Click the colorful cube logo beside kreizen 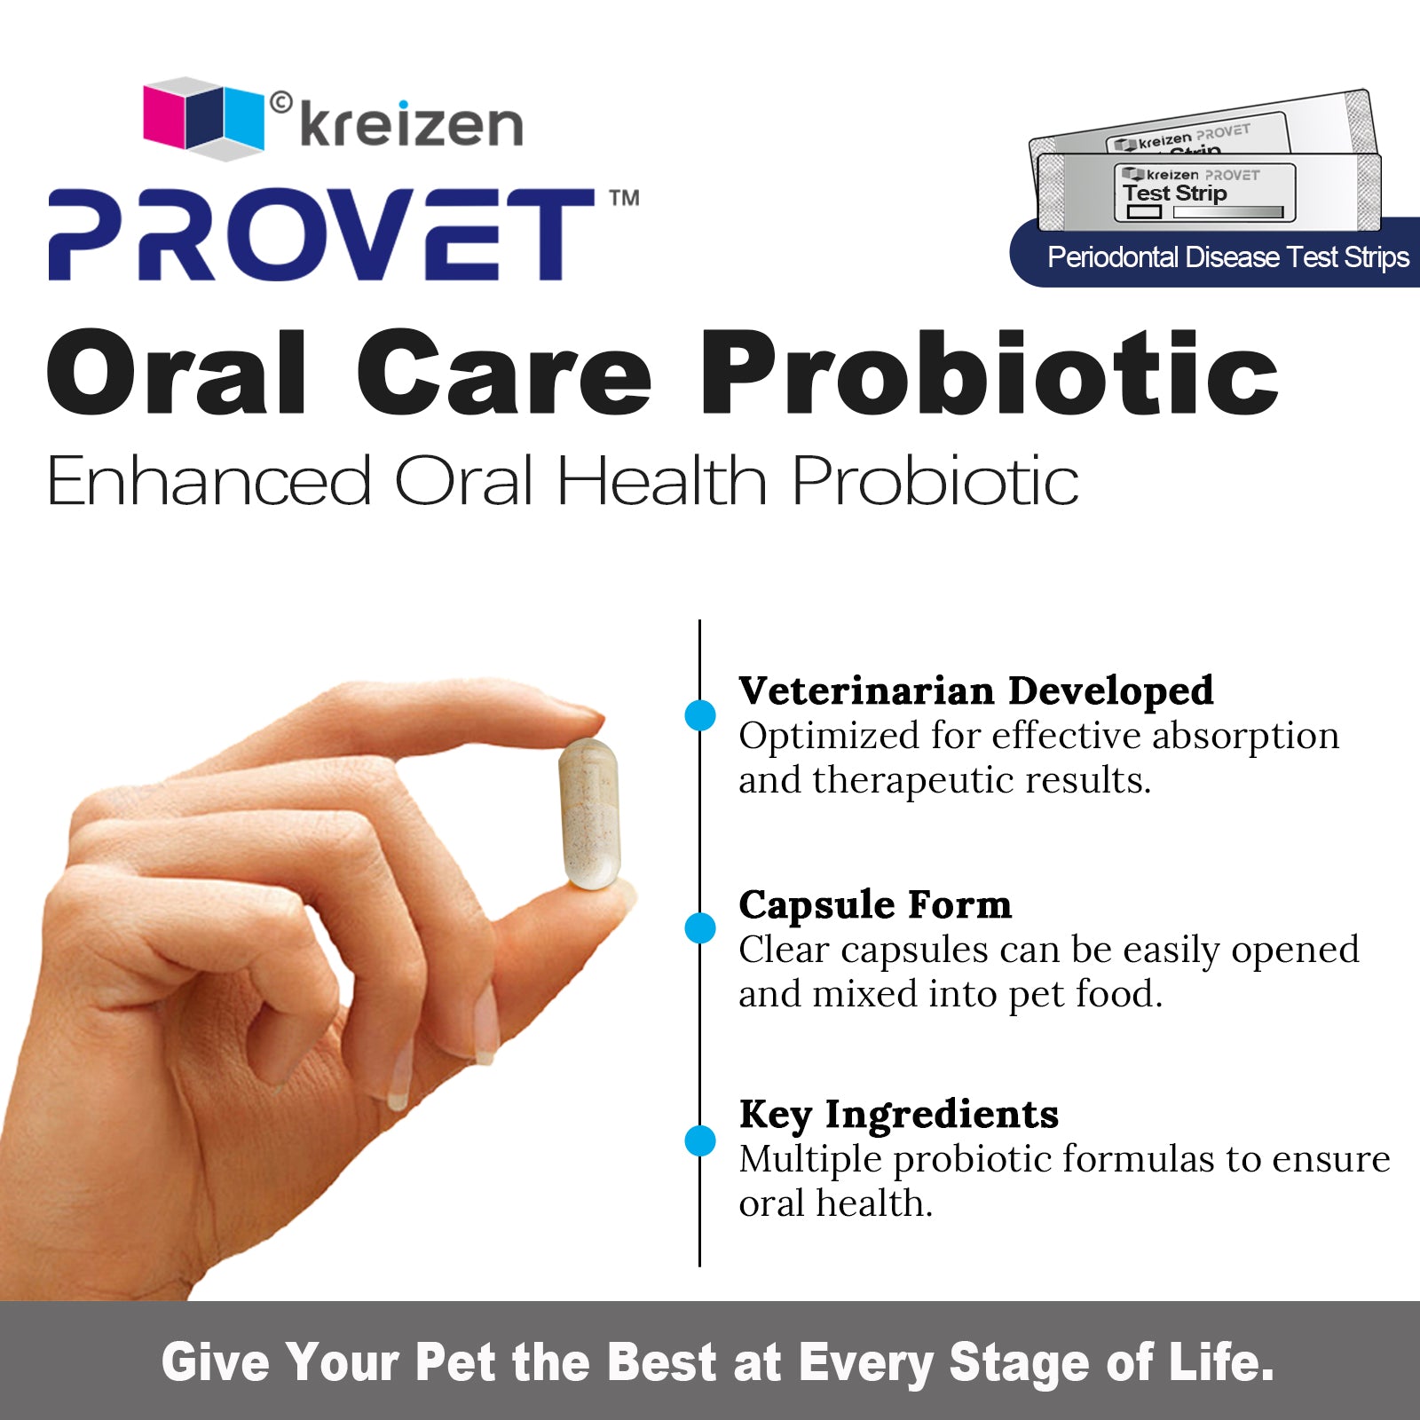(203, 118)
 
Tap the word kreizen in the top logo (411, 125)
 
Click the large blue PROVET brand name (320, 234)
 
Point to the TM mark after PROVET (624, 198)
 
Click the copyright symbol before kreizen (280, 104)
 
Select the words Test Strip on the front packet (1174, 193)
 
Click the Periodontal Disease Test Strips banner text (1227, 257)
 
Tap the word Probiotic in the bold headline (989, 373)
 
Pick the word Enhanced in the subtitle (209, 481)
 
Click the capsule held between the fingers (588, 812)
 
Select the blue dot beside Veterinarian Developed (700, 715)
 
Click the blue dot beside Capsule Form (700, 928)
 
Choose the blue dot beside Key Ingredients (700, 1140)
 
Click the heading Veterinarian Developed (975, 690)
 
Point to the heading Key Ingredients (898, 1115)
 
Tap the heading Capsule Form (875, 904)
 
